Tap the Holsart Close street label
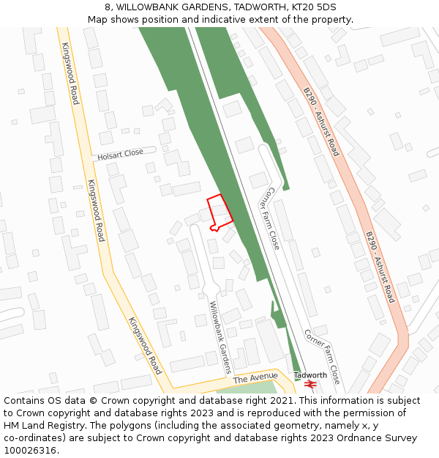(x=121, y=155)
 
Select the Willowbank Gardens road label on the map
(x=220, y=337)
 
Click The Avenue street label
(x=255, y=378)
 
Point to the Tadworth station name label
(x=310, y=375)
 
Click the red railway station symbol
(x=310, y=384)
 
